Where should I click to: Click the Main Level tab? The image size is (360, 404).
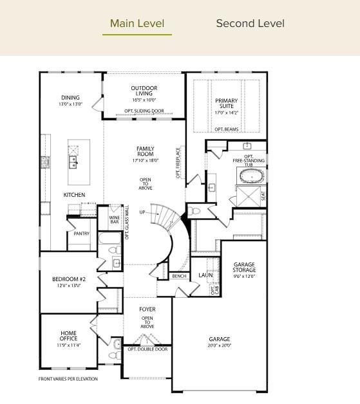tap(137, 24)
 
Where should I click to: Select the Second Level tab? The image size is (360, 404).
tap(250, 24)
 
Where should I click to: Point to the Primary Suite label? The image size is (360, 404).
tap(226, 104)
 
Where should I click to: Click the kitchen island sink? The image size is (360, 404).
tap(74, 161)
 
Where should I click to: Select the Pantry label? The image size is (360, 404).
tap(81, 234)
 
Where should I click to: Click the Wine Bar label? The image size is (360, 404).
tap(114, 219)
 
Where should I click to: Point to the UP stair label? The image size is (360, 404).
tap(152, 212)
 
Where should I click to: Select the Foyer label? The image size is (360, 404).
tap(147, 309)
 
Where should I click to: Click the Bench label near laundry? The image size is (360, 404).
tap(179, 276)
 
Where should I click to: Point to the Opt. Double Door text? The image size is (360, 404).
tap(147, 349)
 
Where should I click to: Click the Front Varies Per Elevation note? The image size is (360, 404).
tap(68, 379)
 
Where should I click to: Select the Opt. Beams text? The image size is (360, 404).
tap(226, 129)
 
